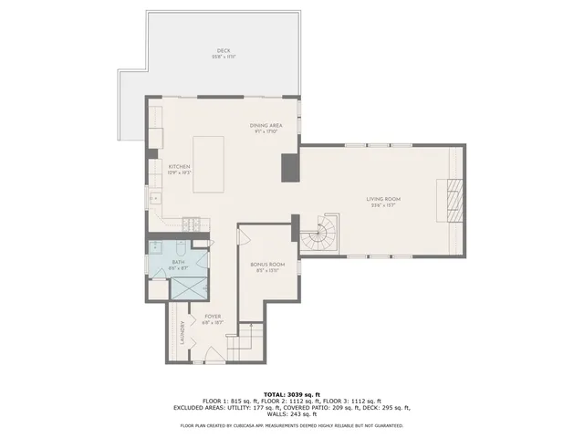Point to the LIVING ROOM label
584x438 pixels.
coord(383,201)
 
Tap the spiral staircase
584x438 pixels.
coord(319,234)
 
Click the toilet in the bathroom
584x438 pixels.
coord(181,247)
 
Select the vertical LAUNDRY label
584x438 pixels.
coord(182,329)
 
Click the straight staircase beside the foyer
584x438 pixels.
coord(244,345)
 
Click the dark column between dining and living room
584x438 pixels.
coord(290,167)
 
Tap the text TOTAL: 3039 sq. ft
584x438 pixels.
coord(291,394)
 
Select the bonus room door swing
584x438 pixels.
coord(243,236)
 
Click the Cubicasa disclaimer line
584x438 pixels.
coord(291,426)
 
